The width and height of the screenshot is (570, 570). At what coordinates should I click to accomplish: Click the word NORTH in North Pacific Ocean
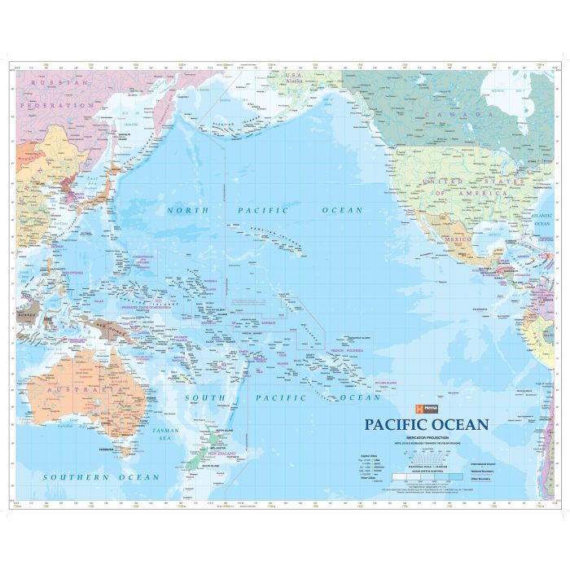[x=187, y=209]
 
